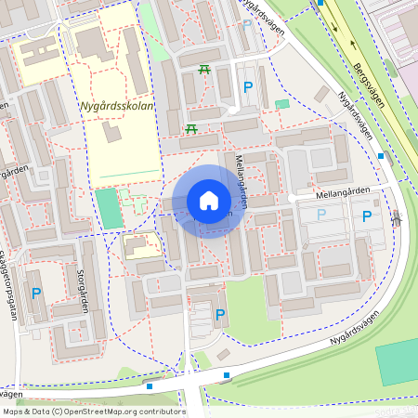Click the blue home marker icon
tap(209, 201)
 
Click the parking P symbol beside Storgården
tap(36, 294)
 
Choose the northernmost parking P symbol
tap(248, 87)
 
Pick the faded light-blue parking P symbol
tap(321, 215)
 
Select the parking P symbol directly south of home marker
tap(220, 315)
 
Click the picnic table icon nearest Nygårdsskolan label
tap(191, 127)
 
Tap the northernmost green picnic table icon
tap(204, 69)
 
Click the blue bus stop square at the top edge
tap(320, 3)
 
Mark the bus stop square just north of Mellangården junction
tap(381, 156)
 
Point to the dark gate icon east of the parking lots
tap(398, 220)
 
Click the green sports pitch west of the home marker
tap(109, 208)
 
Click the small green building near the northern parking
tap(282, 103)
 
